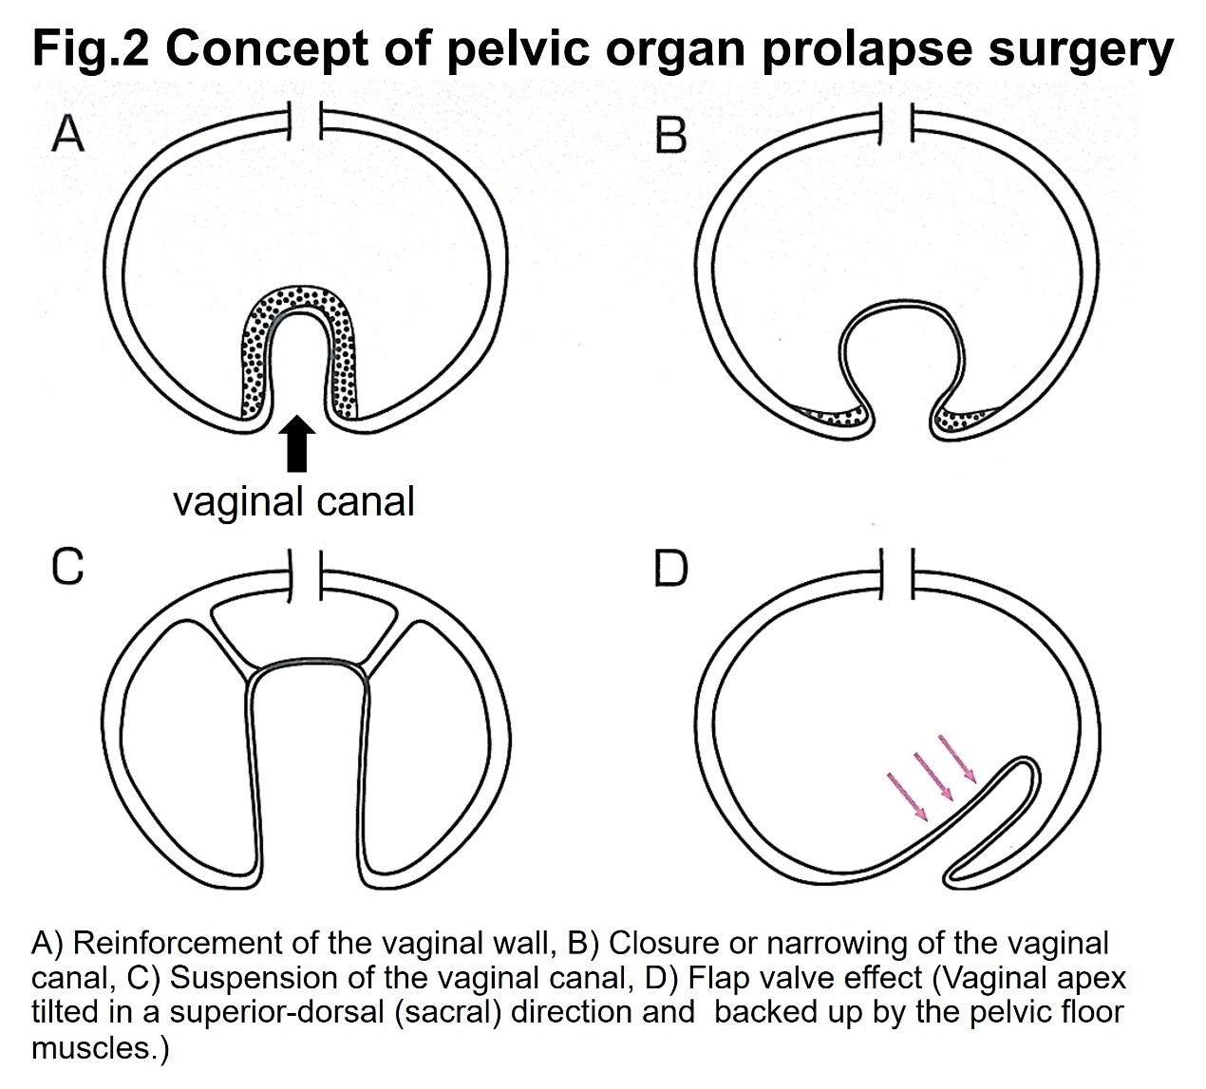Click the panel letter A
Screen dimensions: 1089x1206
point(67,136)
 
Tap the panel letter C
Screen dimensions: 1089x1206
point(67,567)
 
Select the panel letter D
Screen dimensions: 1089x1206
point(670,568)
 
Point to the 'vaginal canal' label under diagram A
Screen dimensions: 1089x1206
point(293,501)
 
